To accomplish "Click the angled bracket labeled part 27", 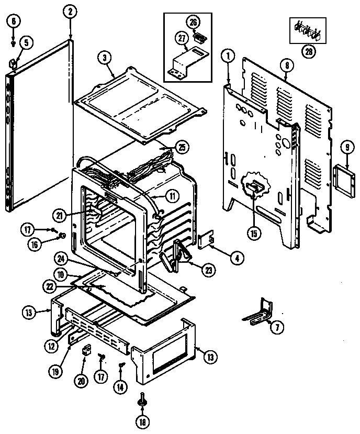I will pyautogui.click(x=186, y=62).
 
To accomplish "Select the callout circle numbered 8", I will pyautogui.click(x=287, y=66).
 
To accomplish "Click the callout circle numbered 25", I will pyautogui.click(x=182, y=147).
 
